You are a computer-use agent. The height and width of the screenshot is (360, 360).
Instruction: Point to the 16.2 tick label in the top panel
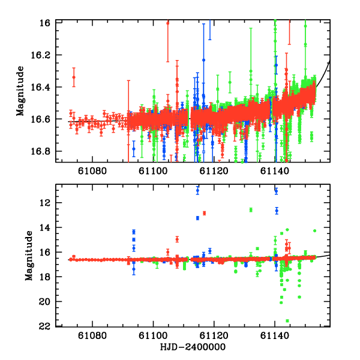pos(45,55)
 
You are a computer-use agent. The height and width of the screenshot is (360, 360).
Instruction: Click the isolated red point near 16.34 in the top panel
pos(74,77)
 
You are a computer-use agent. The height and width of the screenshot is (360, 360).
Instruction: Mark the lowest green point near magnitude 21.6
pos(287,320)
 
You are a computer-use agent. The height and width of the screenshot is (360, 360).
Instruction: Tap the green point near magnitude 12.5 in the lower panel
pos(251,209)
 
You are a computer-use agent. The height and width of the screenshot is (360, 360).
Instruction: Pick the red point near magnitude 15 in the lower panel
pos(177,239)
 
